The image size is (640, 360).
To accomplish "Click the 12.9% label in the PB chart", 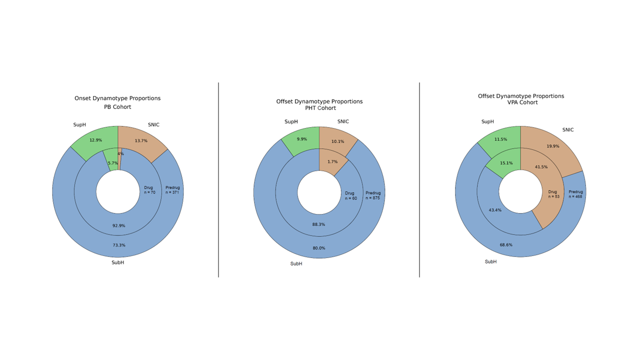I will pos(95,140).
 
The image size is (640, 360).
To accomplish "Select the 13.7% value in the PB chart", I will pos(141,141).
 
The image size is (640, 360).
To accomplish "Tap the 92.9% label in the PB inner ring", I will pos(118,225).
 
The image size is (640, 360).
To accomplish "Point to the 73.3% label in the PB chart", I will pos(118,245).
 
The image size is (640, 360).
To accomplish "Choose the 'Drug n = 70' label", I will pos(149,190).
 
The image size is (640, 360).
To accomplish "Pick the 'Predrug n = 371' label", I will pos(172,190).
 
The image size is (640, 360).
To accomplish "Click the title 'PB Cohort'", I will pos(117,107).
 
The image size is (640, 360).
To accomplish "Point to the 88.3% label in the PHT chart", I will pos(318,224).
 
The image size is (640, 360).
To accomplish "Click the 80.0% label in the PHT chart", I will pos(318,248).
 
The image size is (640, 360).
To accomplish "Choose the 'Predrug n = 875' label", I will pos(373,195).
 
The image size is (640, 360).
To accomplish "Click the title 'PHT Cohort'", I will pos(320,108).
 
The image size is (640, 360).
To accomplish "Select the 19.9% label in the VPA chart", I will pos(552,146).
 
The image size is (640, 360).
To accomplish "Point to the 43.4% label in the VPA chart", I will pos(495,210).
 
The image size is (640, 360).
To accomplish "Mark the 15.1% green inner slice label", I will pos(506,162).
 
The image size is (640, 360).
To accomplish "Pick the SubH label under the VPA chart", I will pos(490,261).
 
